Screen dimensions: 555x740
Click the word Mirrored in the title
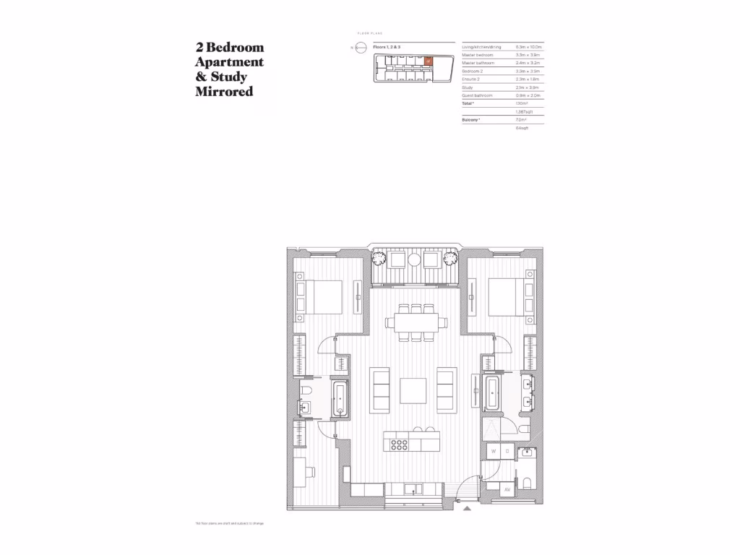[224, 92]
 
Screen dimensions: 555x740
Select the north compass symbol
[361, 48]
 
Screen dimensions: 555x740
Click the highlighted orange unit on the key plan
[428, 61]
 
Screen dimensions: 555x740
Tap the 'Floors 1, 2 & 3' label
[387, 46]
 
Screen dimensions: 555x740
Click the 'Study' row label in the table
[467, 87]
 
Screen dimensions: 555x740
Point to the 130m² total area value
[501, 103]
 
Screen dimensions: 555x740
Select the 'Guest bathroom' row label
[477, 95]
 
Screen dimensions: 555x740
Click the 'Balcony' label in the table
[471, 119]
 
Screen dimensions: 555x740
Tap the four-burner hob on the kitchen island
[398, 443]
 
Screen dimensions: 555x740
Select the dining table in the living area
[410, 322]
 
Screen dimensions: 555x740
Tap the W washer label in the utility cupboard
[494, 452]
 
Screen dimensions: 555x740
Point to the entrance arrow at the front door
[468, 508]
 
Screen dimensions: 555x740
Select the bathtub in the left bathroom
[339, 399]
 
